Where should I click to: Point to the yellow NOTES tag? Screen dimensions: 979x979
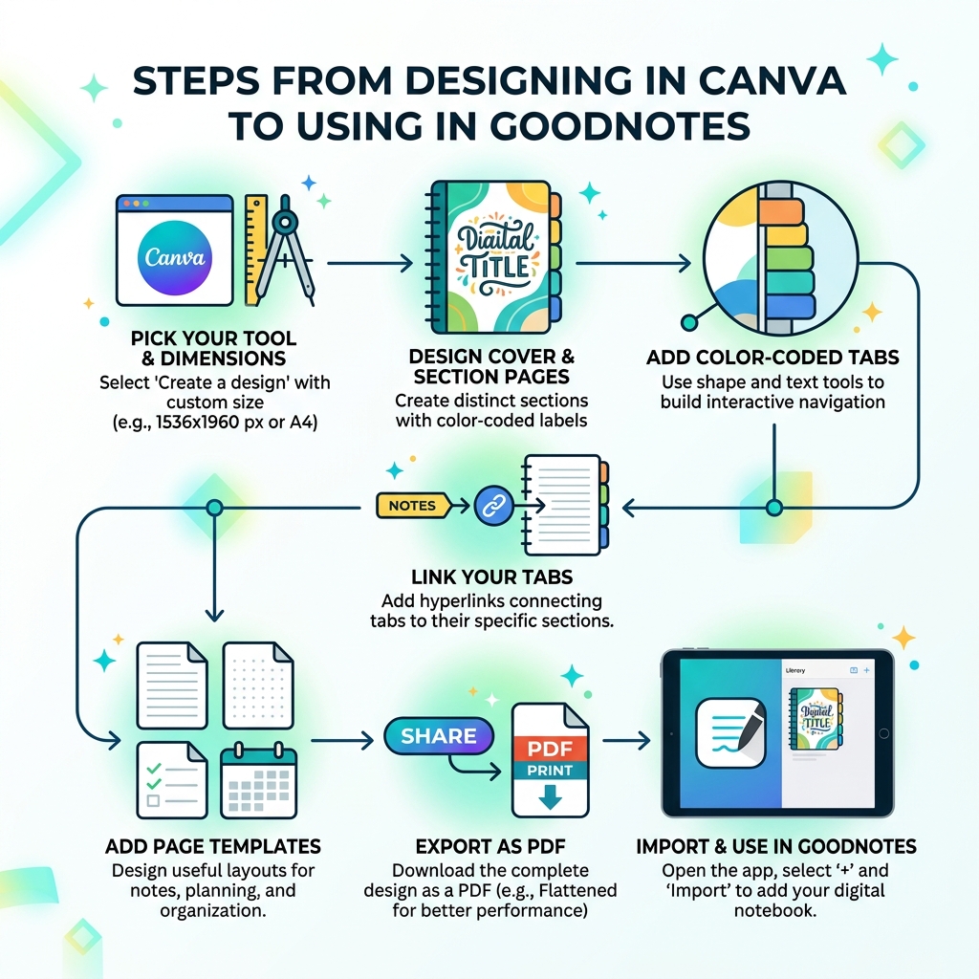click(x=412, y=506)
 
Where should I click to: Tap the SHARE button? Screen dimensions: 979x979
click(x=439, y=736)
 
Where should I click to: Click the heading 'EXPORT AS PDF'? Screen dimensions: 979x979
click(x=489, y=847)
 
